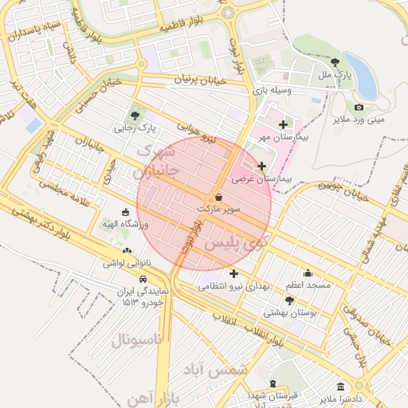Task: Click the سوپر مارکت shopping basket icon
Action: point(218,197)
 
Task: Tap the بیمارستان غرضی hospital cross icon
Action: point(262,166)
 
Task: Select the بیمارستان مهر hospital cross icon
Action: point(283,124)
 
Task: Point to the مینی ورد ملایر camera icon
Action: point(359,108)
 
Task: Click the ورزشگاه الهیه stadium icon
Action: point(125,212)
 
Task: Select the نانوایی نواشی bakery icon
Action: point(127,251)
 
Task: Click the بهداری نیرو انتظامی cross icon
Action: point(233,274)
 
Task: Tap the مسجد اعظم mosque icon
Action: point(308,273)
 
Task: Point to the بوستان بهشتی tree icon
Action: point(289,301)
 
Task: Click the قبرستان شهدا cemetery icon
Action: point(273,384)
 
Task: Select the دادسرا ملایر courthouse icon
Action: point(341,386)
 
